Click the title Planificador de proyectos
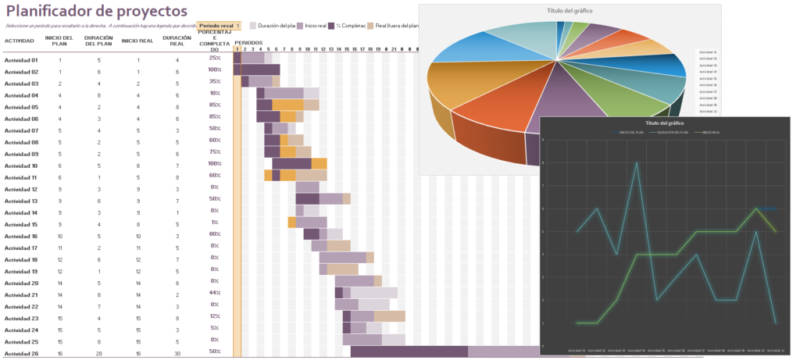tap(96, 11)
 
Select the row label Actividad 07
tap(21, 130)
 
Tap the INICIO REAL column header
tap(137, 41)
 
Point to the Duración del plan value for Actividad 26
tap(99, 354)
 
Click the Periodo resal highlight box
tap(220, 26)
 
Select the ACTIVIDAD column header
tap(20, 41)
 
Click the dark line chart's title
tap(665, 123)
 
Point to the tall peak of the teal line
tap(637, 163)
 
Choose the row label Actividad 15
tap(21, 225)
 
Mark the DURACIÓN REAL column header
tap(177, 41)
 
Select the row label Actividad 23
tap(21, 319)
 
